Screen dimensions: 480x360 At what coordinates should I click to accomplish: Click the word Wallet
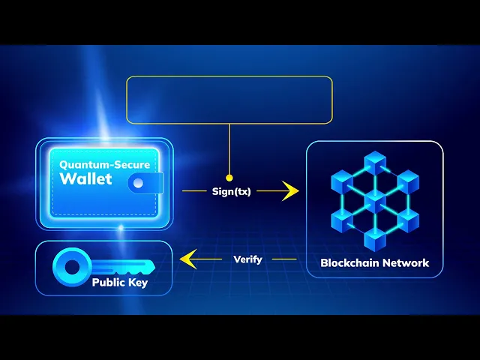pyautogui.click(x=85, y=178)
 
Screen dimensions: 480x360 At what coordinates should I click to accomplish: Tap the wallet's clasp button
pyautogui.click(x=138, y=181)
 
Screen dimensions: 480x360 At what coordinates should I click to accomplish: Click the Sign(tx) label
pyautogui.click(x=231, y=192)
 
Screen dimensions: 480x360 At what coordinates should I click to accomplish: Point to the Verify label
pyautogui.click(x=247, y=259)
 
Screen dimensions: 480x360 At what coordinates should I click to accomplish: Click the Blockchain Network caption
pyautogui.click(x=374, y=262)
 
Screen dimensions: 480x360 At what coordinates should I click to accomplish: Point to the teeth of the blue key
pyautogui.click(x=135, y=269)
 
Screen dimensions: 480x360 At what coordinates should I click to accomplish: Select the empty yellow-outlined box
pyautogui.click(x=229, y=99)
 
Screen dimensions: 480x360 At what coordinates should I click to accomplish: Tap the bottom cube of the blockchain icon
pyautogui.click(x=374, y=238)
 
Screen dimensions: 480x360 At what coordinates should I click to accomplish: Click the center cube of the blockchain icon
pyautogui.click(x=374, y=199)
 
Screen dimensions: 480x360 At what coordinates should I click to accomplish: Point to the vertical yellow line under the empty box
pyautogui.click(x=229, y=150)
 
